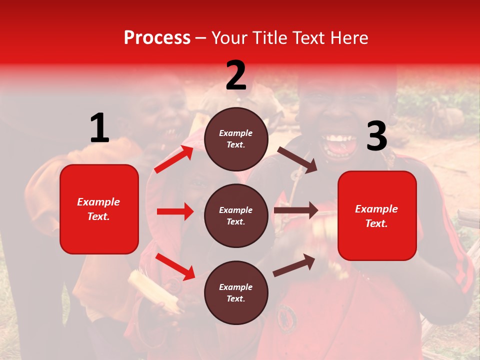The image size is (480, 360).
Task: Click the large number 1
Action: [99, 128]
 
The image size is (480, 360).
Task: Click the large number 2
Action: [236, 75]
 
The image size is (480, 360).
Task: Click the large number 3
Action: [376, 136]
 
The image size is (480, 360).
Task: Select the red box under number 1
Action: [99, 209]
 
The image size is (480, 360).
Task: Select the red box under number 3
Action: [377, 215]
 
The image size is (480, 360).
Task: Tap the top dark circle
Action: [236, 139]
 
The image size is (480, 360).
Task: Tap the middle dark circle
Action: [236, 215]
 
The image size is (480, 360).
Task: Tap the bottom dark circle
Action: [236, 292]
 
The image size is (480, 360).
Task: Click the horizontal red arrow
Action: [175, 211]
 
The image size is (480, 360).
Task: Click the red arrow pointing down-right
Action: [175, 266]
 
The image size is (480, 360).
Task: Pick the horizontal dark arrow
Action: [295, 210]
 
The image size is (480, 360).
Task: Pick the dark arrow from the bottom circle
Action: [294, 265]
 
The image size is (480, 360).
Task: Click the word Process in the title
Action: [157, 37]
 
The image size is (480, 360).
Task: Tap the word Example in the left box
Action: [98, 202]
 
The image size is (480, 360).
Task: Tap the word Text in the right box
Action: [376, 223]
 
